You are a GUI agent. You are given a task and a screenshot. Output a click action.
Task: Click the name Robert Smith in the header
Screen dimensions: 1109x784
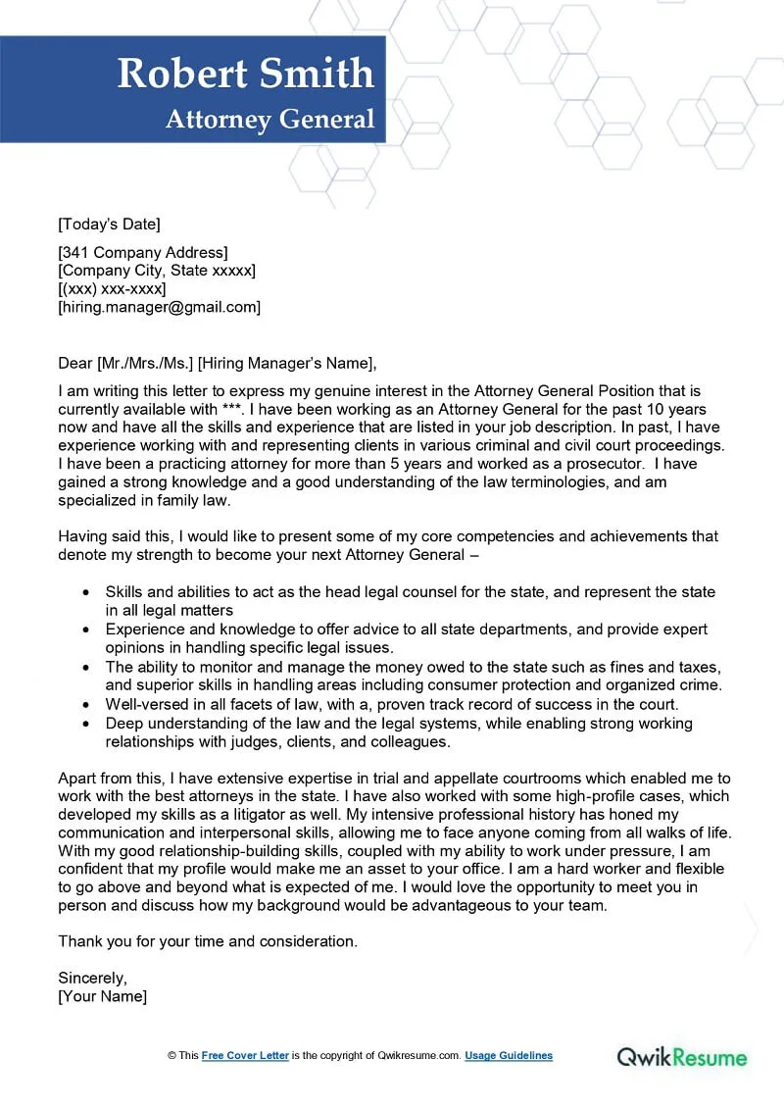tap(245, 75)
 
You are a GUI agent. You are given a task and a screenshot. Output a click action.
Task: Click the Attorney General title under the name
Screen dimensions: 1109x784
tap(269, 120)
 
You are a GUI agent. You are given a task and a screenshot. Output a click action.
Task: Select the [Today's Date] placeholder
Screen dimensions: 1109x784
tap(109, 224)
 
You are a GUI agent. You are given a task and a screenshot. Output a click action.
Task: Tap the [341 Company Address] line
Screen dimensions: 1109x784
tap(143, 253)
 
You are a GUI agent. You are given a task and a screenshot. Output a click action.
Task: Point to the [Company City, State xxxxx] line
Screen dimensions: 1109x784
tap(157, 271)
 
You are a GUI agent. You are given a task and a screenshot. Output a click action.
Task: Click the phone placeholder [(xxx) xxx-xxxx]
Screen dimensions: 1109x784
tap(112, 289)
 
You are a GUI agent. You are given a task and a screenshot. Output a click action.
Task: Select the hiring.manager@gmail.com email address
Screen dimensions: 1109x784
tap(160, 307)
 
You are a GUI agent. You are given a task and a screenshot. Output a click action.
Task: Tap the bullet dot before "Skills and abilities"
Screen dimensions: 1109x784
tap(86, 593)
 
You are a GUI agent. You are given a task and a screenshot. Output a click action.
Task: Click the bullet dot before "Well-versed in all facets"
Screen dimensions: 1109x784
tap(86, 705)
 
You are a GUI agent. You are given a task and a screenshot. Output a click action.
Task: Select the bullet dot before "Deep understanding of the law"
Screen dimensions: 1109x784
tap(86, 724)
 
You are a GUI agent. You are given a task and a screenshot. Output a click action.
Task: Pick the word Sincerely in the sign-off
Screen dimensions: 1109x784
tap(93, 978)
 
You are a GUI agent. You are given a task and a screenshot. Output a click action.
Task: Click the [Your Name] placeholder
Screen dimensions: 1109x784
tap(103, 996)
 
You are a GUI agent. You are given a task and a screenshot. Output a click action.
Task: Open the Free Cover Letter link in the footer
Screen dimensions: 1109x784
tap(245, 1056)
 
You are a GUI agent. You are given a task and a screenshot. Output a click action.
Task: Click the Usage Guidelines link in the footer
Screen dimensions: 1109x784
tap(509, 1056)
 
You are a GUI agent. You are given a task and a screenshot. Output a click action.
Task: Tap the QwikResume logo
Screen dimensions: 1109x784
tap(681, 1057)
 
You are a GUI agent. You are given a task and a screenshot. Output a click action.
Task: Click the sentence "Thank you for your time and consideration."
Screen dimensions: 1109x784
tap(208, 941)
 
